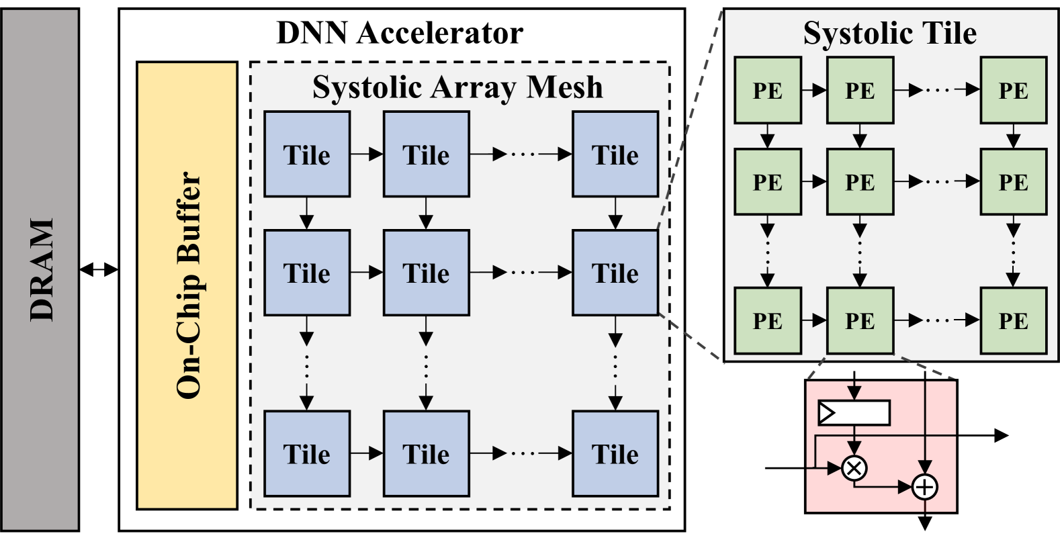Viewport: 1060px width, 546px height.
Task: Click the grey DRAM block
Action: (40, 269)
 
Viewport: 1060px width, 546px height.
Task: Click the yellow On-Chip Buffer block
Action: (187, 285)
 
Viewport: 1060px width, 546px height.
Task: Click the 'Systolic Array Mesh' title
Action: (457, 87)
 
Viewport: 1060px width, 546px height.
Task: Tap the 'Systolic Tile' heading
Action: (889, 33)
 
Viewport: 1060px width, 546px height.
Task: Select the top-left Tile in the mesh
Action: (307, 154)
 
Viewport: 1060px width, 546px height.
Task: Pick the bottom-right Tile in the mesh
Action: (615, 454)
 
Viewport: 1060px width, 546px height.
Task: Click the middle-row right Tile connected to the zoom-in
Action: (615, 273)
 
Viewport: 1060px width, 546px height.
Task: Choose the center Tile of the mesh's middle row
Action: (426, 273)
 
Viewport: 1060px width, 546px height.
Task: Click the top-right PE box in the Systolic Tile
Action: (1013, 91)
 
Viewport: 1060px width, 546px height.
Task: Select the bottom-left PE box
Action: (767, 321)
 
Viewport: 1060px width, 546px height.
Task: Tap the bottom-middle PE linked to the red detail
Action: (860, 321)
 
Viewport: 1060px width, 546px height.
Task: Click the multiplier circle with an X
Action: (854, 467)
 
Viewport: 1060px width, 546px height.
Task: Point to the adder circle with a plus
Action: (925, 487)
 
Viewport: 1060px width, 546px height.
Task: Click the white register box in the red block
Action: (854, 412)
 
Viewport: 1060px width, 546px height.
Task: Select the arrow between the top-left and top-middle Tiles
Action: (366, 154)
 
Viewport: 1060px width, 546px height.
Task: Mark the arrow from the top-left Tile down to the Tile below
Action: (307, 213)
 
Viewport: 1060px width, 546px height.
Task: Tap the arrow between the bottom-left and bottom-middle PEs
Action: (813, 321)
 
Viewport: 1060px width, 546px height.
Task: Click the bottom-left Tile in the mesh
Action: (307, 454)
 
